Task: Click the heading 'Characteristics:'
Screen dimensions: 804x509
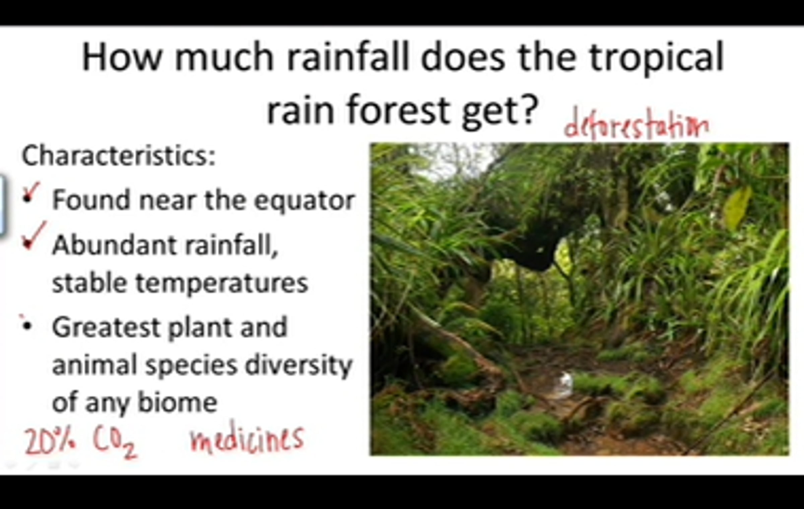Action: click(118, 155)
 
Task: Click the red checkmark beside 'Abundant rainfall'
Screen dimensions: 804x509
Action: click(33, 236)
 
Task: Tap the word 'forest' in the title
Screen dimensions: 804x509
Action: click(398, 109)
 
